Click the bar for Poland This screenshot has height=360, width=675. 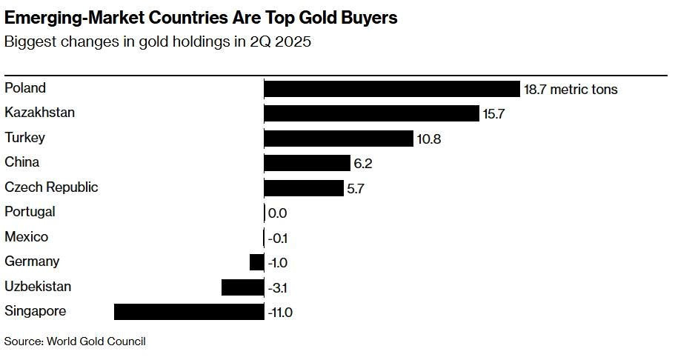[x=392, y=89]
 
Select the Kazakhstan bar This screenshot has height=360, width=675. [x=371, y=113]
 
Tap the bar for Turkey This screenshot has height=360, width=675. [x=338, y=139]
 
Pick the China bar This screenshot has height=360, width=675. [x=307, y=163]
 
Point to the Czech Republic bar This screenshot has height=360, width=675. [x=304, y=187]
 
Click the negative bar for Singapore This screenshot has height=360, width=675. [x=189, y=312]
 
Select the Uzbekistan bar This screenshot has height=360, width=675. [x=242, y=287]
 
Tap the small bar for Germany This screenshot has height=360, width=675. [x=256, y=262]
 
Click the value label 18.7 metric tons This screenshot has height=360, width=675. [x=571, y=90]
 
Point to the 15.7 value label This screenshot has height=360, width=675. [x=493, y=114]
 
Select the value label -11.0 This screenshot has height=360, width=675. [x=279, y=313]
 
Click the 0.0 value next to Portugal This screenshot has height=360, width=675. [x=277, y=213]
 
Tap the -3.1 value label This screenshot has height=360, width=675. [x=277, y=287]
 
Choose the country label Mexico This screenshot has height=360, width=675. [x=27, y=237]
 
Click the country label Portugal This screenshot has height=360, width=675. [x=30, y=212]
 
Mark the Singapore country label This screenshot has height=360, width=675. [x=35, y=311]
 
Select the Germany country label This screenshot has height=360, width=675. [x=32, y=261]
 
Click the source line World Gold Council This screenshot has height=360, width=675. [x=96, y=341]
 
